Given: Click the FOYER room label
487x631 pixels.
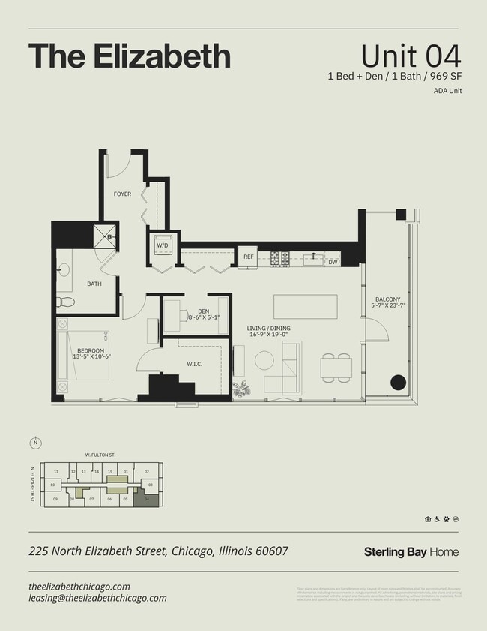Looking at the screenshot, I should pos(122,194).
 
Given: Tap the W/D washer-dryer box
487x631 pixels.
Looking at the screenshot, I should pos(163,245).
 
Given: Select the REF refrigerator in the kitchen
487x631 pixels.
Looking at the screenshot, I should pos(249,257).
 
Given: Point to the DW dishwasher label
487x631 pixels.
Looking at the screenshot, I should pos(333,262).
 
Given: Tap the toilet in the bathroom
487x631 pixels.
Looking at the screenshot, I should pos(65,302).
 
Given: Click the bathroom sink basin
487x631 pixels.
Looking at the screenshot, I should pos(62,268).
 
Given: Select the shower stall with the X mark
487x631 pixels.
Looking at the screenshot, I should pos(106,236).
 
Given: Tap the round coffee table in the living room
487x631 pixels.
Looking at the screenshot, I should pos(264,361).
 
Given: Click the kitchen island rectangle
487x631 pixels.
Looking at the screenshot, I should pos(305,307).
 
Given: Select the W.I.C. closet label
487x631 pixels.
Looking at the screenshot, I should pos(196,365).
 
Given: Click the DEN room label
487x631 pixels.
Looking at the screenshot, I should pos(203,311).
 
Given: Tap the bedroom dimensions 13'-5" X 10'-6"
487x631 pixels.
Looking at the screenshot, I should pos(91,356).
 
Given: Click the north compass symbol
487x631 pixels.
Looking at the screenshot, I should pos(35,441).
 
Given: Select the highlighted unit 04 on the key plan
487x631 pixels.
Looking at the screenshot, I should pos(147,499).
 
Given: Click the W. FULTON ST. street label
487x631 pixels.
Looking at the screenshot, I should pos(100,455).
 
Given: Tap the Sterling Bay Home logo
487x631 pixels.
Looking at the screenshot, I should pos(411,552).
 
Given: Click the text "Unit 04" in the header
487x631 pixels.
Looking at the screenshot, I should pos(411,56).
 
